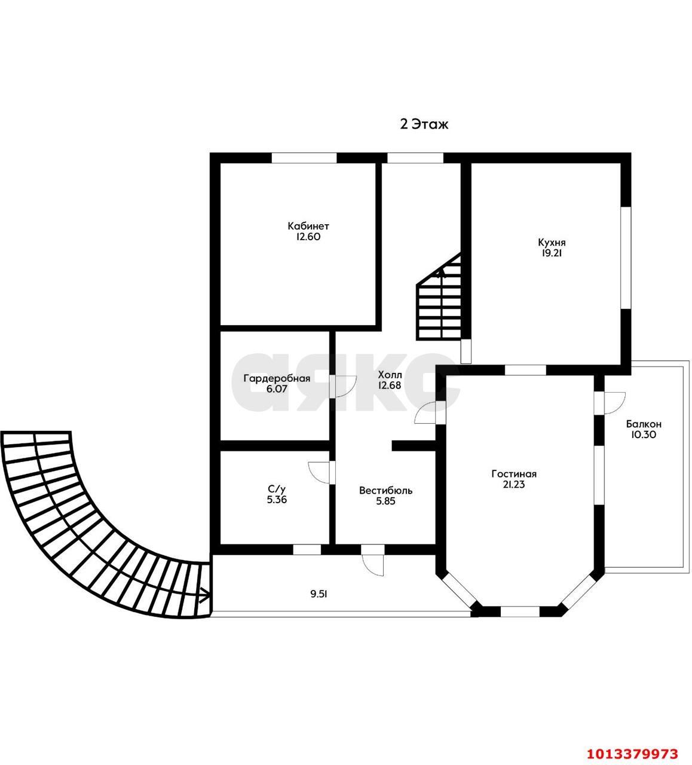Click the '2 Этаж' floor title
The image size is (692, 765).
coord(424,124)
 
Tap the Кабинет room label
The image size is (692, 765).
coord(308,226)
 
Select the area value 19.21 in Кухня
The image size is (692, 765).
coord(552,253)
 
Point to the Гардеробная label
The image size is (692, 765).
coord(277,379)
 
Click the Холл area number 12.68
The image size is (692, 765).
coord(390,385)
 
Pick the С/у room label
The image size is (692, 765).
coord(277,489)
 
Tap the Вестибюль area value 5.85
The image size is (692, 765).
coord(385,501)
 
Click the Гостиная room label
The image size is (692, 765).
coord(514,474)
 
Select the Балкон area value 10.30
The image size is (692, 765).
coord(644,434)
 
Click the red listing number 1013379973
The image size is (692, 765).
coord(633,754)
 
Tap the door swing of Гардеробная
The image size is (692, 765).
coord(345,386)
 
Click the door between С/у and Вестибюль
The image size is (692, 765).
coord(321,473)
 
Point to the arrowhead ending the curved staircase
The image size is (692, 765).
coord(205,594)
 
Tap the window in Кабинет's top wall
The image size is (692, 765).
coord(304,158)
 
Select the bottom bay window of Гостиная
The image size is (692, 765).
coord(519,611)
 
